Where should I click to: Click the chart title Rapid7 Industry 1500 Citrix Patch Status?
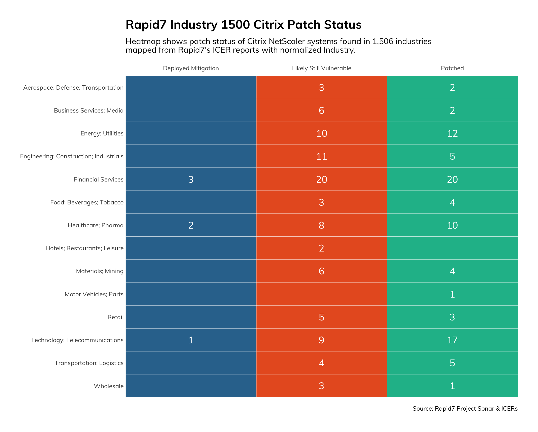point(244,25)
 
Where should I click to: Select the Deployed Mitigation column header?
point(191,68)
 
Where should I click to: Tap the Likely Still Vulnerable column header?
point(321,68)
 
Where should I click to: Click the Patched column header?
point(452,68)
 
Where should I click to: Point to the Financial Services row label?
point(99,179)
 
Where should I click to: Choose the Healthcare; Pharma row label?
point(96,225)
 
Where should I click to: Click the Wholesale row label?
point(109,386)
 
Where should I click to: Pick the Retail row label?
point(115,317)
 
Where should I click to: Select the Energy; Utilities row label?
point(102,133)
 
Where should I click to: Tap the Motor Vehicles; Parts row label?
point(94,294)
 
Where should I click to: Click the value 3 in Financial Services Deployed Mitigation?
point(191,179)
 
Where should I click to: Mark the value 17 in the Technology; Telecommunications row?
point(452,340)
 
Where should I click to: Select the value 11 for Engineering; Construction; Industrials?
point(322,156)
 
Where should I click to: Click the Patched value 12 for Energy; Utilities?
point(452,133)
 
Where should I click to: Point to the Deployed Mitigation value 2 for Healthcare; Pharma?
point(191,225)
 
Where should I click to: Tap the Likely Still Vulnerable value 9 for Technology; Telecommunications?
point(321,340)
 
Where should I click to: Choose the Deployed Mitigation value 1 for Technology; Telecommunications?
point(191,340)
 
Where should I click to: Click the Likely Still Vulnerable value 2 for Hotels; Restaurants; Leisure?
point(321,248)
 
